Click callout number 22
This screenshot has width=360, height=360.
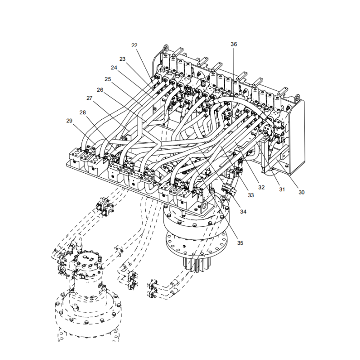pos(135,45)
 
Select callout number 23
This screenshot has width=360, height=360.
pos(122,59)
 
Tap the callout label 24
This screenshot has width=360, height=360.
pos(114,68)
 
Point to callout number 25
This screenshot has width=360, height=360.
pos(108,79)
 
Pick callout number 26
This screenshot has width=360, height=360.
pos(100,90)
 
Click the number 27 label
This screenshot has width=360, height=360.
pos(89,98)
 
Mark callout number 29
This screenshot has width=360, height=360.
pos(69,121)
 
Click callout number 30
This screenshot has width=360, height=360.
pos(301,192)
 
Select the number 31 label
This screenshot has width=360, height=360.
pos(282,189)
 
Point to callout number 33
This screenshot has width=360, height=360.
pos(251,195)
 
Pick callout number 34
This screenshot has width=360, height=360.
pos(243,211)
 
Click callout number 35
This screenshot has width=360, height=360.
pos(240,243)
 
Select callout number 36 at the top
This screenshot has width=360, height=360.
pos(234,44)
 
